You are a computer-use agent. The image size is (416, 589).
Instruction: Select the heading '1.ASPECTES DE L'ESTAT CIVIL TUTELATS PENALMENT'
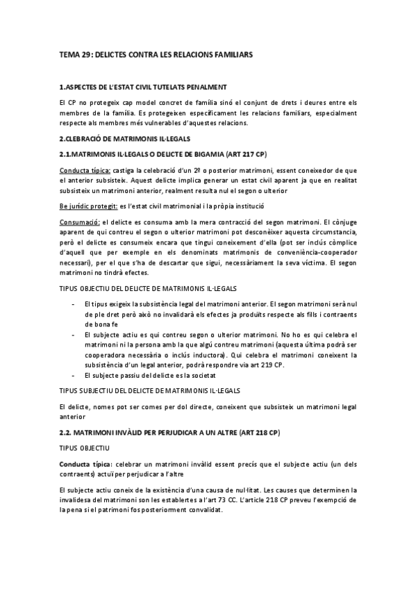[x=142, y=87]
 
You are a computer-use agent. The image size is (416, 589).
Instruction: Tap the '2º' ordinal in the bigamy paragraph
[x=205, y=170]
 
